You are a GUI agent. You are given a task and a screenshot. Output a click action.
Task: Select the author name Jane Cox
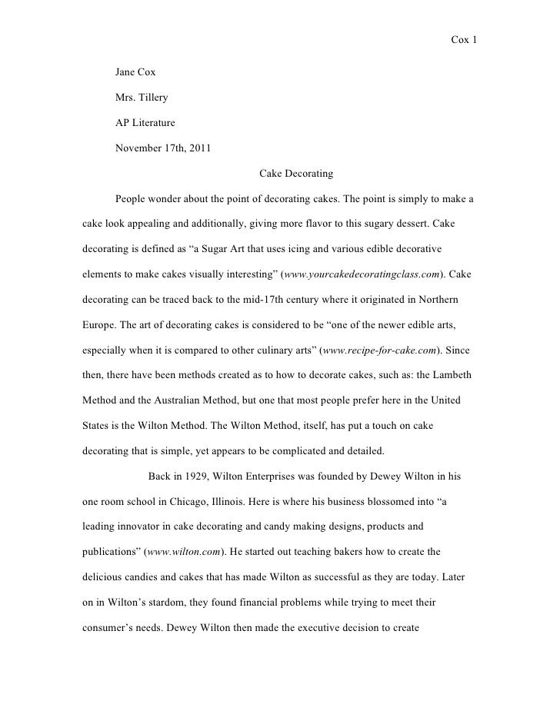[135, 72]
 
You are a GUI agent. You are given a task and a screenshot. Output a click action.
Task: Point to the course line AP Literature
[145, 123]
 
